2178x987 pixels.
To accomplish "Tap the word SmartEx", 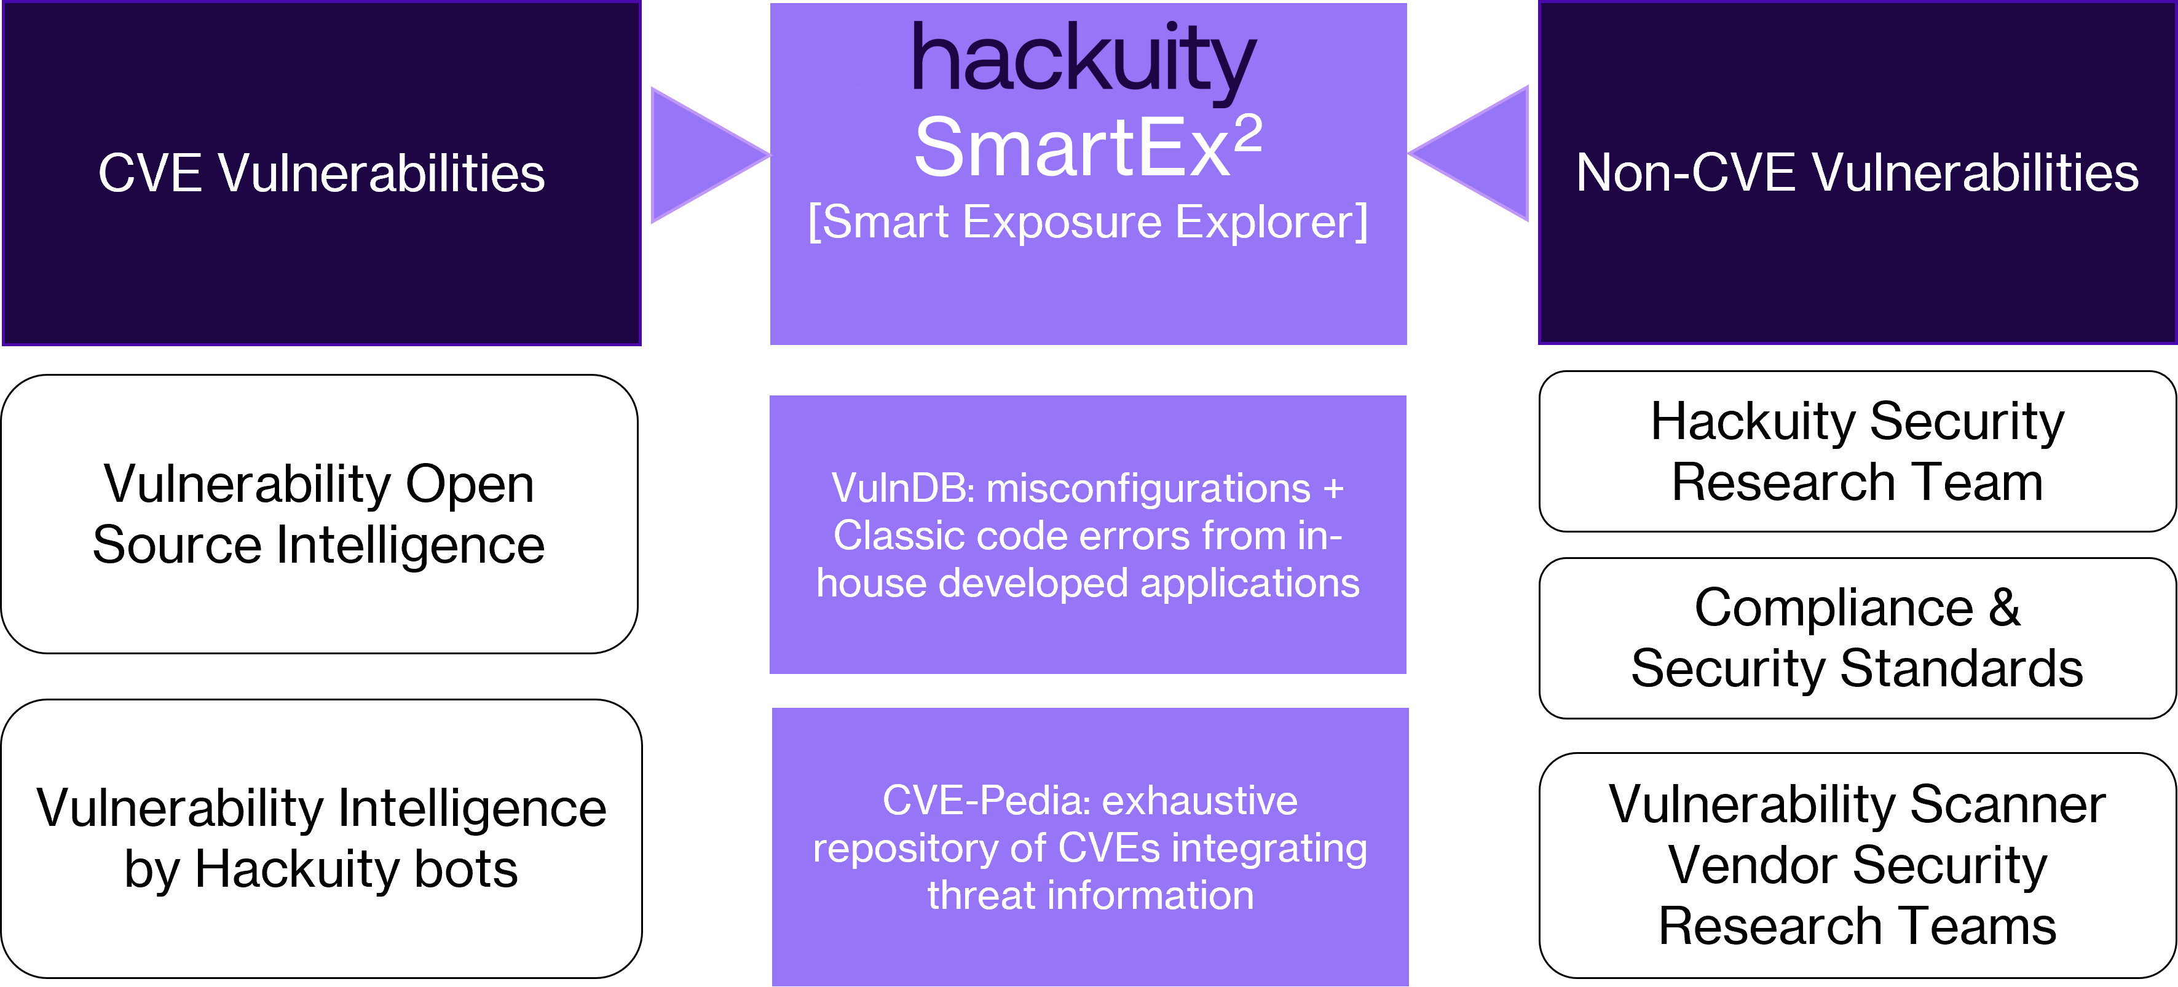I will [1071, 149].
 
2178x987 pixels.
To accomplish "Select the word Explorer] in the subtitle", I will [1271, 223].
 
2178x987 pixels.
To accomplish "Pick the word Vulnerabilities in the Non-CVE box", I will [1975, 173].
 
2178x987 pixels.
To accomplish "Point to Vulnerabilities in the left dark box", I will [381, 173].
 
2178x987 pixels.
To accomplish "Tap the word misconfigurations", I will [1148, 488].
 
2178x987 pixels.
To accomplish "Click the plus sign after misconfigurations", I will [1333, 490].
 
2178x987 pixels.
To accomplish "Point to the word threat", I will [980, 895].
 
